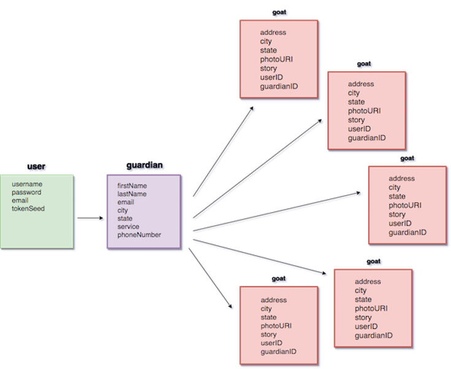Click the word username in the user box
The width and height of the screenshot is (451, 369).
(x=27, y=184)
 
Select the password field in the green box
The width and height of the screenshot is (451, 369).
(x=26, y=192)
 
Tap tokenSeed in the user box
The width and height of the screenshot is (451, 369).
(x=28, y=208)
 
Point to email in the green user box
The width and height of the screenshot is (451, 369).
(x=20, y=200)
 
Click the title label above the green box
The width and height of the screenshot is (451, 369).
(x=37, y=167)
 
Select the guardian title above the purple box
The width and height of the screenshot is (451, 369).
(x=145, y=166)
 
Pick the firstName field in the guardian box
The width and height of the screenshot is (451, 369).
(x=132, y=185)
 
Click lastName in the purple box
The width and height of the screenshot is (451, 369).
(x=132, y=194)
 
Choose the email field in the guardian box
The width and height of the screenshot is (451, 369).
(x=126, y=202)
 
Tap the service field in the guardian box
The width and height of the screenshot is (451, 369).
(x=128, y=226)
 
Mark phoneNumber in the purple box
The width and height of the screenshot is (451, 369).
(x=139, y=235)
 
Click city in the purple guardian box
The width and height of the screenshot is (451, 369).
(x=123, y=210)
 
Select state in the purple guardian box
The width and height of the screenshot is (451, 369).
(x=125, y=218)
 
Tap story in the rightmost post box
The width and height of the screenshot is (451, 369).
(x=397, y=215)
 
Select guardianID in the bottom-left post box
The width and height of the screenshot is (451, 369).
(x=279, y=352)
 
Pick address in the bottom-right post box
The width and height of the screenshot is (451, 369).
(x=368, y=282)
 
